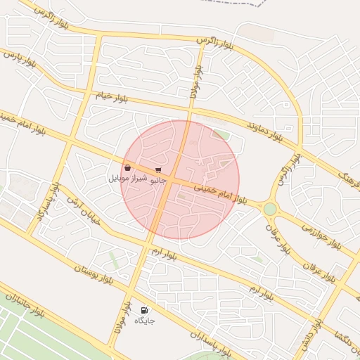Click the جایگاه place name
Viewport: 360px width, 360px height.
pyautogui.click(x=144, y=321)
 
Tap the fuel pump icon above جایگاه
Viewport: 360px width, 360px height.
pyautogui.click(x=144, y=309)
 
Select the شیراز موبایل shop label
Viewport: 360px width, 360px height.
pyautogui.click(x=127, y=179)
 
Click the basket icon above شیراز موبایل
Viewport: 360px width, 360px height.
pyautogui.click(x=127, y=168)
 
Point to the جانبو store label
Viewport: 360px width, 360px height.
pyautogui.click(x=160, y=179)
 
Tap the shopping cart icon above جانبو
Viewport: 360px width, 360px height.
pyautogui.click(x=159, y=169)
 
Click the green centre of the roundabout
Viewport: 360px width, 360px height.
pyautogui.click(x=270, y=209)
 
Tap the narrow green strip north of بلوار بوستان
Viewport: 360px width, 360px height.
pyautogui.click(x=112, y=259)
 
